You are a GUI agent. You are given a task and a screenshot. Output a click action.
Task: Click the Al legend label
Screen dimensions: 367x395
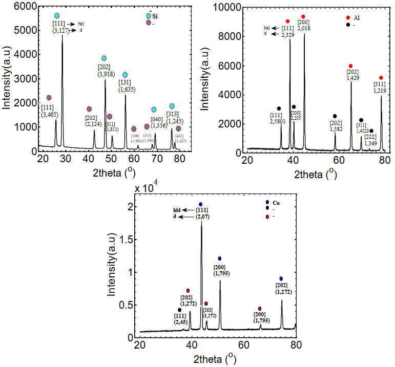(358, 17)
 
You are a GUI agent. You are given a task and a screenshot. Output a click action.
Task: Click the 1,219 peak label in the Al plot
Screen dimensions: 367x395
(380, 90)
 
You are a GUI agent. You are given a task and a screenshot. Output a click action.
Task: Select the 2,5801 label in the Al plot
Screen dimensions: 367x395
(280, 121)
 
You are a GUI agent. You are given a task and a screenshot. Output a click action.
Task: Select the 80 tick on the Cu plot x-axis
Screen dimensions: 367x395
(296, 346)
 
